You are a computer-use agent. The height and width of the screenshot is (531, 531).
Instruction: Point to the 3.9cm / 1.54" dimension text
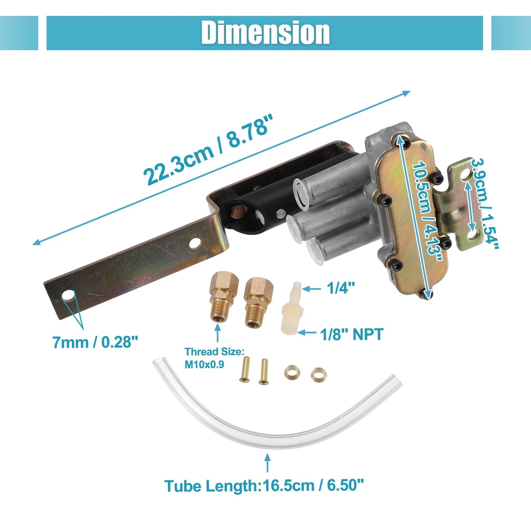pyautogui.click(x=485, y=204)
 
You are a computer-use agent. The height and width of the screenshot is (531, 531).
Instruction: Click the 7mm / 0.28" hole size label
pyautogui.click(x=95, y=342)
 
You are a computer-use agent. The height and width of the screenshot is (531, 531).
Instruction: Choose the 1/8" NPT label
pyautogui.click(x=351, y=334)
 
